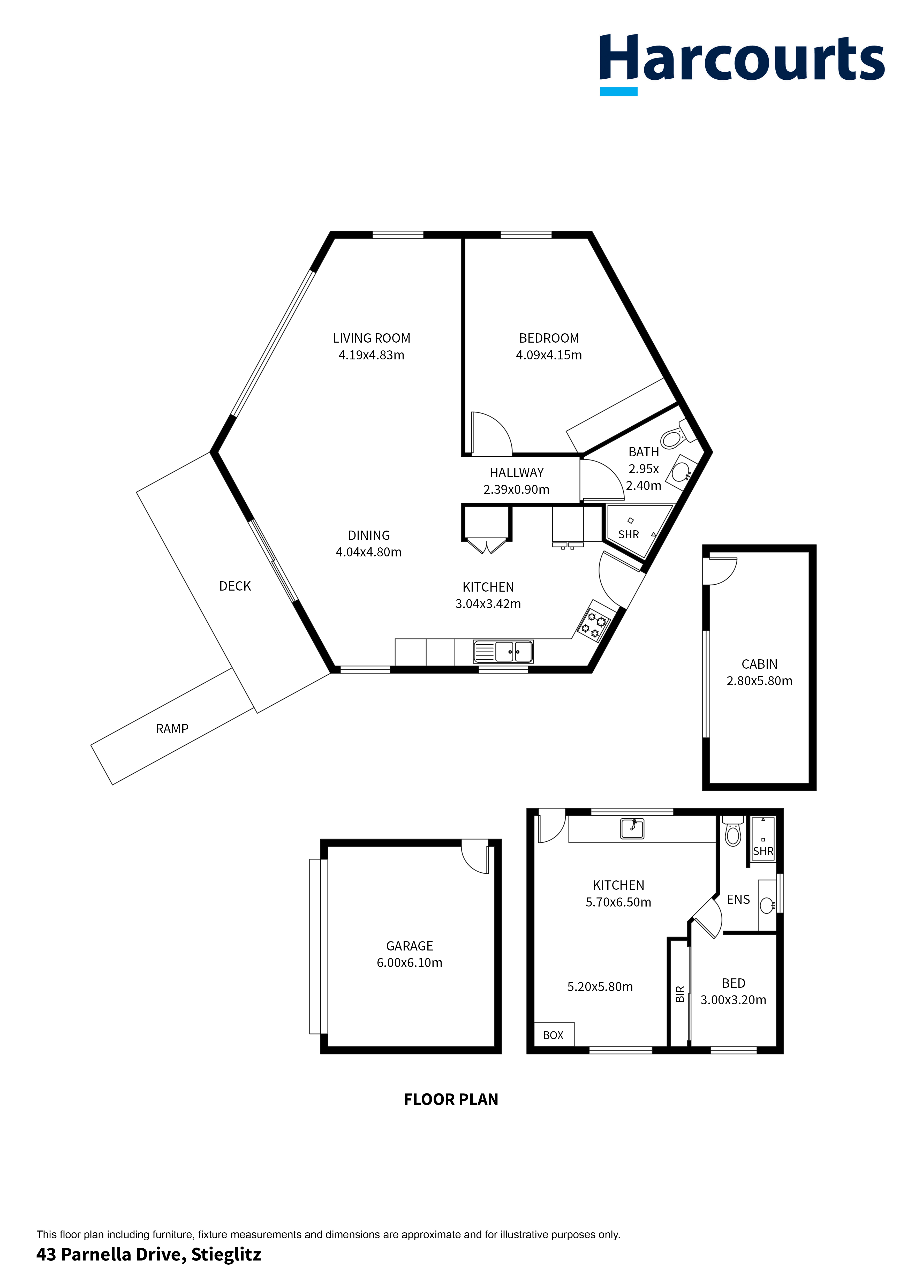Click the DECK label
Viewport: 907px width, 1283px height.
pos(235,586)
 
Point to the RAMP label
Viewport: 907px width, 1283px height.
pos(172,729)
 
